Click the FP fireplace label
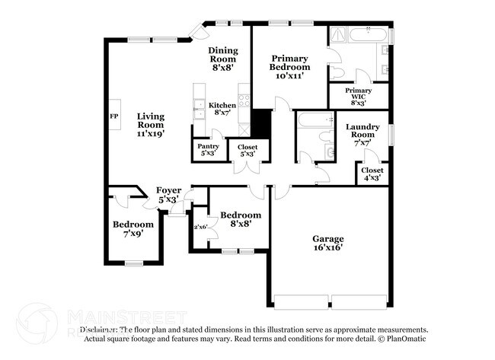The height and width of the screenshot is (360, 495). (114, 116)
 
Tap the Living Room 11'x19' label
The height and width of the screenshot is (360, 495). (151, 125)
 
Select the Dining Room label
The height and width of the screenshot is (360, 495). (223, 59)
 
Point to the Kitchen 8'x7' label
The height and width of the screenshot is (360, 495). (222, 109)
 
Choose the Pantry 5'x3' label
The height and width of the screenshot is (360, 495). (209, 149)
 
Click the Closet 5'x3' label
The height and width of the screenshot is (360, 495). (247, 150)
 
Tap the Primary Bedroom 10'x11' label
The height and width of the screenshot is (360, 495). (289, 65)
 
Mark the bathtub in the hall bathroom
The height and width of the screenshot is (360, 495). (312, 120)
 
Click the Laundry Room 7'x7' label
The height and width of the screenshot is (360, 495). (363, 134)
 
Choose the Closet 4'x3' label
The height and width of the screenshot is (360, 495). (372, 174)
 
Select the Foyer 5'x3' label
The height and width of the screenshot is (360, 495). (168, 194)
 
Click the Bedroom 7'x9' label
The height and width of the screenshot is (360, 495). (133, 228)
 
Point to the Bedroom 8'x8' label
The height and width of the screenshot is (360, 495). (241, 219)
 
